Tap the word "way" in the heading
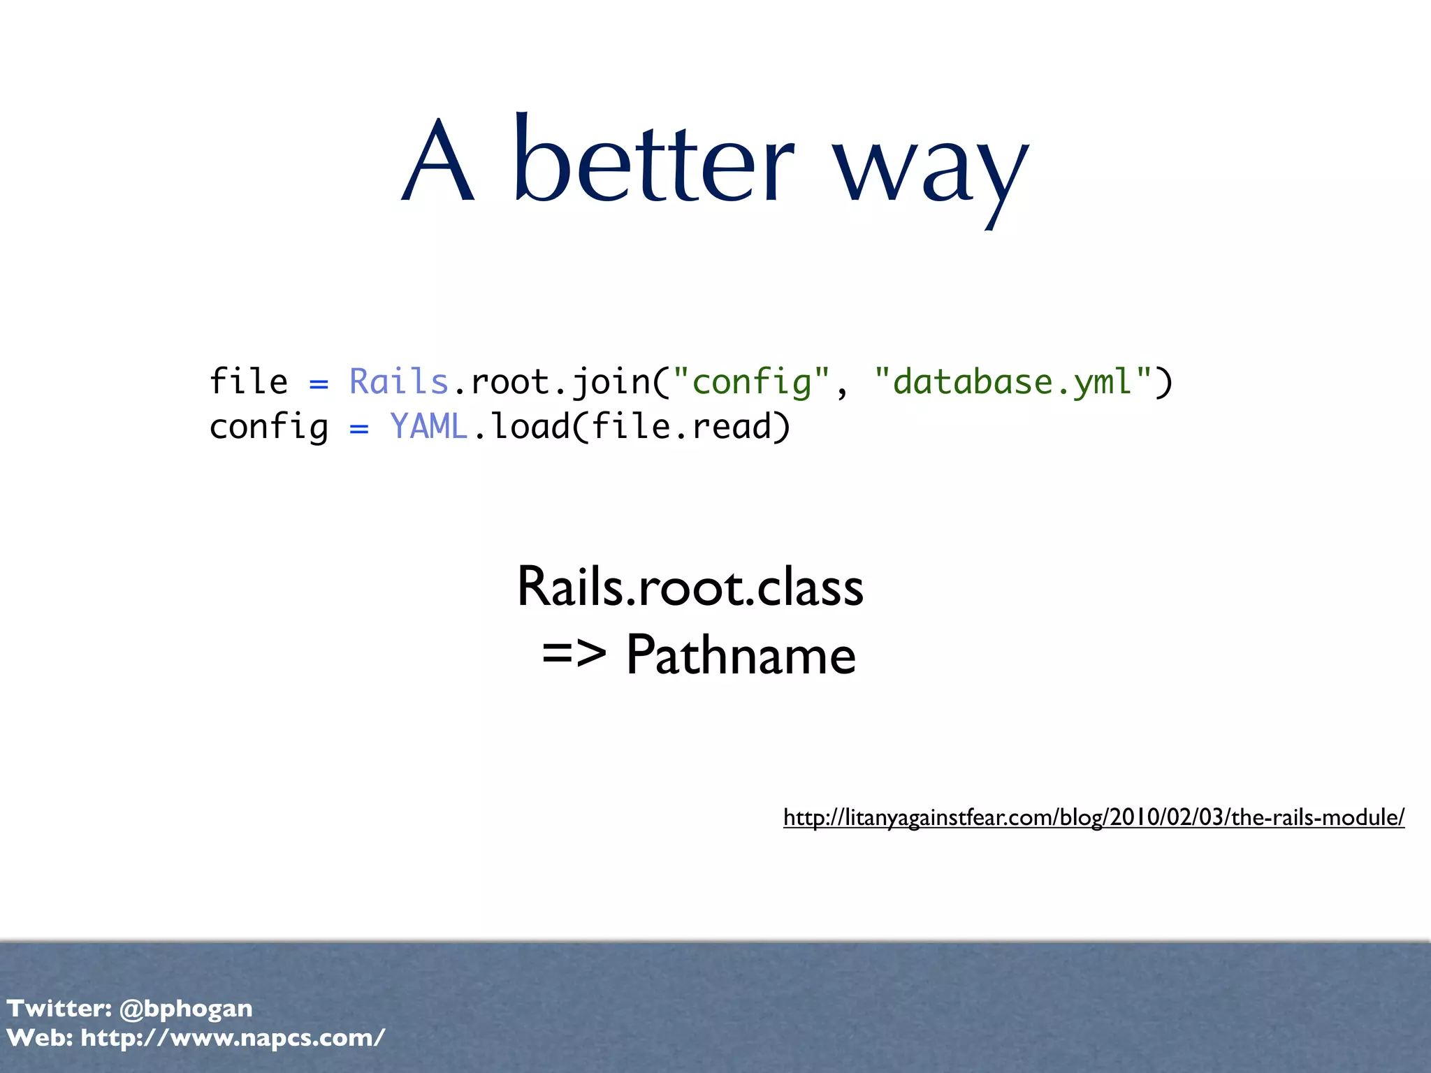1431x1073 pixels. coord(931,171)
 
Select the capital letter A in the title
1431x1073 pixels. coord(439,162)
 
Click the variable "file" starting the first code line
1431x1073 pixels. coord(249,382)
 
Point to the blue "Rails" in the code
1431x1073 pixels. coord(398,382)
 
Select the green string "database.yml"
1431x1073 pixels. coord(1012,383)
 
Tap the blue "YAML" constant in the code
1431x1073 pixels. coord(428,427)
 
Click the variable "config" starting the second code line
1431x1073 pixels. coord(269,428)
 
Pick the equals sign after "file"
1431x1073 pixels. coord(319,384)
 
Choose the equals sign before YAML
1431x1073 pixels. coord(358,429)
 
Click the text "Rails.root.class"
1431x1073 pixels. coord(690,587)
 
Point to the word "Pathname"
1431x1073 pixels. coord(741,655)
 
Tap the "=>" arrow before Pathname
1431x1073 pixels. coord(574,655)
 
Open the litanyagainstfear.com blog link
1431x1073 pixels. coord(1094,817)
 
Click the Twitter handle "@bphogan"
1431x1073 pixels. coord(186,1008)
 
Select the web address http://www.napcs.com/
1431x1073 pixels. coord(233,1037)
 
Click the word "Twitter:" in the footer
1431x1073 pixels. coord(59,1008)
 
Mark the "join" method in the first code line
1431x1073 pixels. coord(610,383)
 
